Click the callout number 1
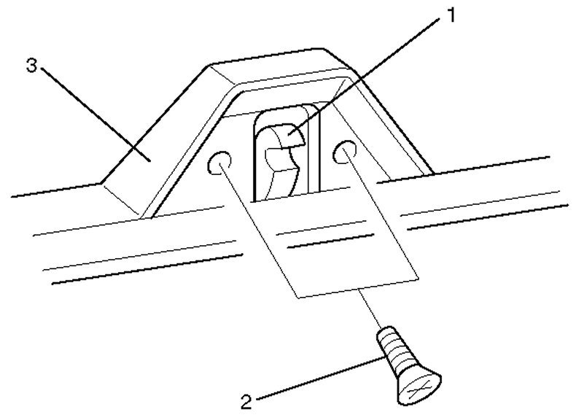point(453,14)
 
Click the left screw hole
point(219,162)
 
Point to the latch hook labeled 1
point(281,157)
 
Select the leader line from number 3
point(95,110)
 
